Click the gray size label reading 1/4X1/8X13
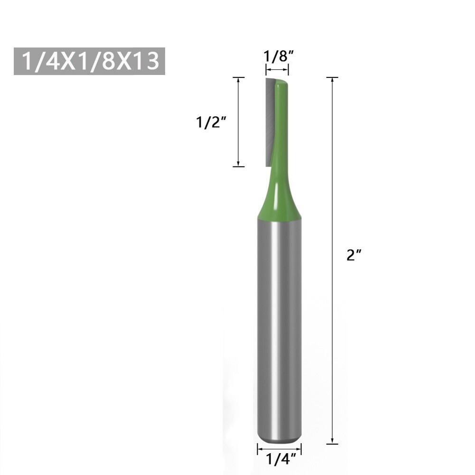(89, 61)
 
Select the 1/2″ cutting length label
(210, 122)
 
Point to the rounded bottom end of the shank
(279, 438)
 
